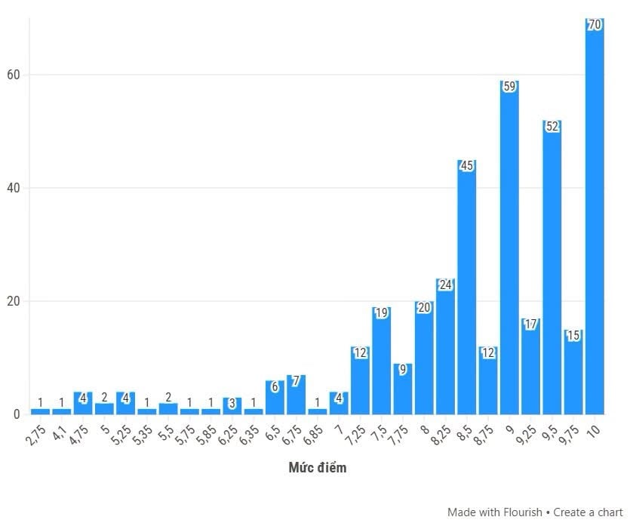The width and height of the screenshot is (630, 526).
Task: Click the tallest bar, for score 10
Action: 595,216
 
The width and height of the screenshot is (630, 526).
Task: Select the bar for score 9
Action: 509,248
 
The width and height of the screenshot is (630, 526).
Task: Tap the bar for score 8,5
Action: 467,287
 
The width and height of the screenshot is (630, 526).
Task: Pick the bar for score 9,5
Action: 552,267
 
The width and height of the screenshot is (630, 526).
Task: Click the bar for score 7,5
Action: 382,361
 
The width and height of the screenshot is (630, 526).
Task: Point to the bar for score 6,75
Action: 296,395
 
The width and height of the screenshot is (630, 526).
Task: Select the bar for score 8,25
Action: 446,346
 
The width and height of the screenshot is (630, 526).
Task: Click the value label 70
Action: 595,25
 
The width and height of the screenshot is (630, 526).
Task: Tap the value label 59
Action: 509,86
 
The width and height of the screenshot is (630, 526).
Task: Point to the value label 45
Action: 467,165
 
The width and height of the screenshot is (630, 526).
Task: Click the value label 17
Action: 530,325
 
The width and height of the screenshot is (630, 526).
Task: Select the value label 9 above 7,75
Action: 403,369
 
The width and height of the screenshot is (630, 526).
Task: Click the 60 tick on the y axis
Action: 14,75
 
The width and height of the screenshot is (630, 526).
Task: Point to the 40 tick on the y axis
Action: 14,188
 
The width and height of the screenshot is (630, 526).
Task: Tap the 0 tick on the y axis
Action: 17,414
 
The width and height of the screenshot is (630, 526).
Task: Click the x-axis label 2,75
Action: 35,435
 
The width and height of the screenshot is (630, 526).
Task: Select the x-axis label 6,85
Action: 312,435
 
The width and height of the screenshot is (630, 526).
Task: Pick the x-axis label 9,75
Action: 569,435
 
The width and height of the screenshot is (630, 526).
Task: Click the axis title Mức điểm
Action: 318,468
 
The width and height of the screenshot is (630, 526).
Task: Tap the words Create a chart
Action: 589,512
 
